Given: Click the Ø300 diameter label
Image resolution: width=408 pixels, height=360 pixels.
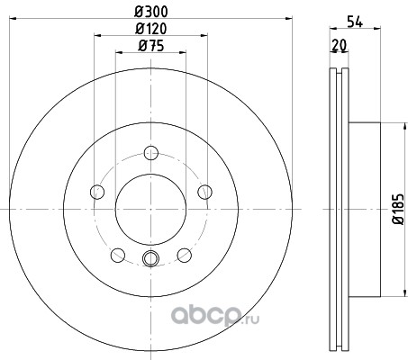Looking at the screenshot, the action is coord(151,12).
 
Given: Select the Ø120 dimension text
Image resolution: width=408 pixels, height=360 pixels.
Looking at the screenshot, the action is coord(151,29).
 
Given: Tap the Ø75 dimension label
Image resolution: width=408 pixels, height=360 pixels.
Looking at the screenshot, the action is coord(151,46).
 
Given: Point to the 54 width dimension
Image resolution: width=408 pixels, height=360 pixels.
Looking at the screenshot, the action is coord(355,22).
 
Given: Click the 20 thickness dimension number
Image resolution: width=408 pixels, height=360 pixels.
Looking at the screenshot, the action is coord(340,45).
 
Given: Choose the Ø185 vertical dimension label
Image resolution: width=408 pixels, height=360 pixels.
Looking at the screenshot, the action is coord(399,209).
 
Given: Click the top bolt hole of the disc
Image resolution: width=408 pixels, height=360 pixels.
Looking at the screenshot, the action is coord(151,153).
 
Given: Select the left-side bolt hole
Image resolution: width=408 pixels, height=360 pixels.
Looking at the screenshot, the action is coord(97,192).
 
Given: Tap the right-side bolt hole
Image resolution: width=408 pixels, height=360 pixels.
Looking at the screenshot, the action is coord(204,192).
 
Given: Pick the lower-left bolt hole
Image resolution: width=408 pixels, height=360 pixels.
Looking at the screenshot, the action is coord(118,256).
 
